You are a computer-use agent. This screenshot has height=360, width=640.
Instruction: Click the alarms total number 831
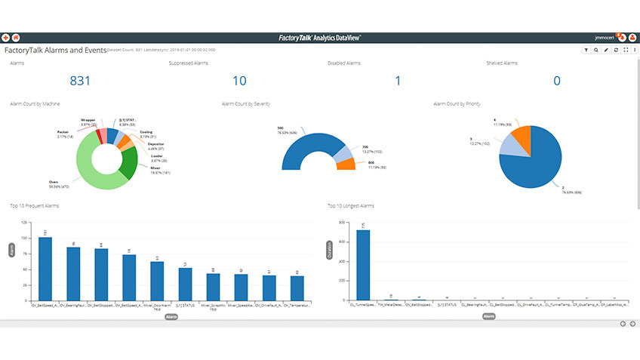pos(80,81)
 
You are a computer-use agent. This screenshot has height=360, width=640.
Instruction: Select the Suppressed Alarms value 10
pos(239,81)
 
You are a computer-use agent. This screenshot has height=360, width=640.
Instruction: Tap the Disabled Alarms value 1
pos(398,81)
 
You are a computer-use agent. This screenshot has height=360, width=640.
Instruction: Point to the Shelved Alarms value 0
pos(557,81)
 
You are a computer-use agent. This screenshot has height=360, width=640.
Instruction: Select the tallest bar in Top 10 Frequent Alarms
pos(45,269)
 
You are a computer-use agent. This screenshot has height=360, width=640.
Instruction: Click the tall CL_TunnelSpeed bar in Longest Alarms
pos(364,265)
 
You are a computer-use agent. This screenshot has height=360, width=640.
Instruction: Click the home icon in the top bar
pos(16,37)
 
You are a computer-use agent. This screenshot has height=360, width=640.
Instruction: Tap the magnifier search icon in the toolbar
pos(595,50)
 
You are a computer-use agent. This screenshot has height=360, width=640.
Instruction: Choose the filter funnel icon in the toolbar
pos(586,50)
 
